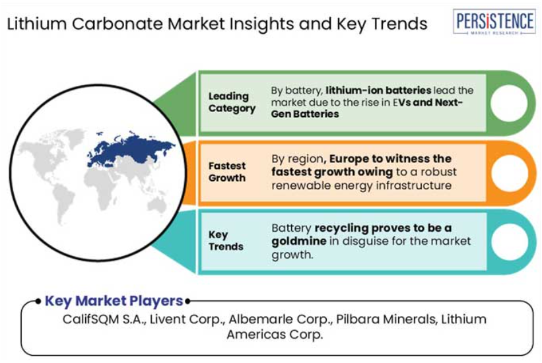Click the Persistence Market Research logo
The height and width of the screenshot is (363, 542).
(494, 21)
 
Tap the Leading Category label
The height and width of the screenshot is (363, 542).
(232, 102)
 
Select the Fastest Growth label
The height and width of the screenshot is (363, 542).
(227, 172)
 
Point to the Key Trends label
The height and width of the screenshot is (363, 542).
(226, 241)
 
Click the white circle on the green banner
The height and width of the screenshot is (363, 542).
(509, 103)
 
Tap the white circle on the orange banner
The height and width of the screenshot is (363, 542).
(509, 173)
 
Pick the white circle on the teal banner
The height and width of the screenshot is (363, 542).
(509, 242)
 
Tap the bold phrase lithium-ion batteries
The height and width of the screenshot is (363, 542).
(378, 90)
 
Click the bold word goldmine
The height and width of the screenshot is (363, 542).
(299, 241)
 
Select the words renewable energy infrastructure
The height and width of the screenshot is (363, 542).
(362, 185)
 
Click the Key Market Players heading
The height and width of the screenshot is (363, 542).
(114, 301)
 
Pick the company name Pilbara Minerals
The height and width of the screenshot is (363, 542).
(386, 319)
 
